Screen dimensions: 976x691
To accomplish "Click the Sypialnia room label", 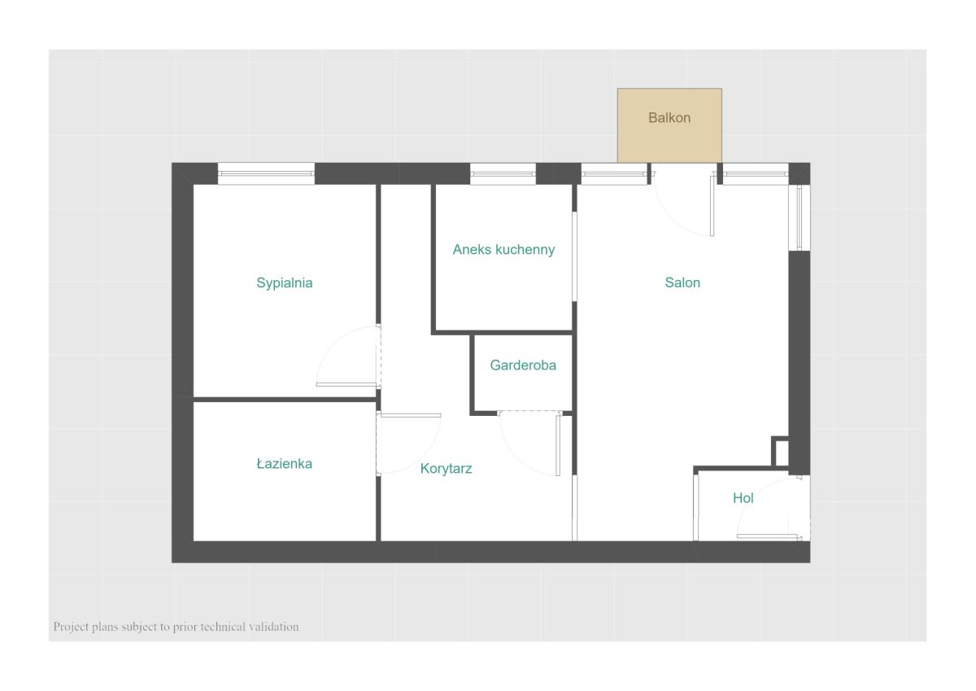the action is pyautogui.click(x=284, y=283).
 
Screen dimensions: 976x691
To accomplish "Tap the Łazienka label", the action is pyautogui.click(x=284, y=463).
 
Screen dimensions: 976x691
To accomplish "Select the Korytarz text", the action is pyautogui.click(x=446, y=469).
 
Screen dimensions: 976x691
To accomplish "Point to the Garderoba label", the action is pyautogui.click(x=523, y=365).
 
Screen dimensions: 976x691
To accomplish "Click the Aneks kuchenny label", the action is pyautogui.click(x=503, y=249).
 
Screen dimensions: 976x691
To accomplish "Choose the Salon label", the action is pyautogui.click(x=682, y=282).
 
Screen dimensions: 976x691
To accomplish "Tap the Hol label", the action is pyautogui.click(x=743, y=498).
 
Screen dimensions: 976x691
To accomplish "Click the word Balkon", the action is pyautogui.click(x=669, y=118).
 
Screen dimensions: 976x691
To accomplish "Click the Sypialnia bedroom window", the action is pyautogui.click(x=266, y=173).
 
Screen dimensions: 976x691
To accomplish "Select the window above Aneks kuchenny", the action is pyautogui.click(x=503, y=173).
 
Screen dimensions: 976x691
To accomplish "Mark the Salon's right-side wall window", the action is pyautogui.click(x=800, y=217).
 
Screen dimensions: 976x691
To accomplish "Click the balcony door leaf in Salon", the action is pyautogui.click(x=712, y=206).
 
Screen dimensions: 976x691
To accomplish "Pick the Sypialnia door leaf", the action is pyautogui.click(x=346, y=384).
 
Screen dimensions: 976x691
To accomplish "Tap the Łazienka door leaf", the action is pyautogui.click(x=411, y=415).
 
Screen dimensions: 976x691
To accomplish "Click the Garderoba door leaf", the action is pyautogui.click(x=558, y=445).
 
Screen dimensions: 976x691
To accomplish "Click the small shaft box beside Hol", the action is pyautogui.click(x=781, y=452).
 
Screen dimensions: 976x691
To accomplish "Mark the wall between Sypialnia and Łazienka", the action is pyautogui.click(x=285, y=400).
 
